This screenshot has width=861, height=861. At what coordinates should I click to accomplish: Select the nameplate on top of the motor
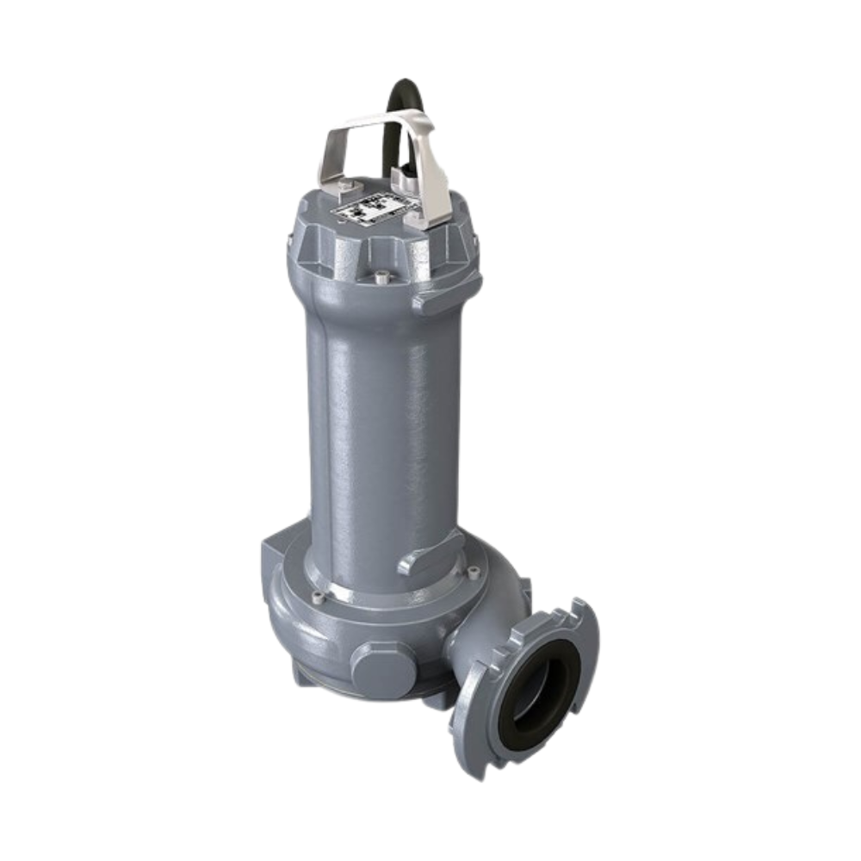tap(374, 207)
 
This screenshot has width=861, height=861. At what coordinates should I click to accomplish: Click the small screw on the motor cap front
tap(381, 277)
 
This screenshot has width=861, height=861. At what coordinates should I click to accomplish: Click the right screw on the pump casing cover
tap(473, 571)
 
